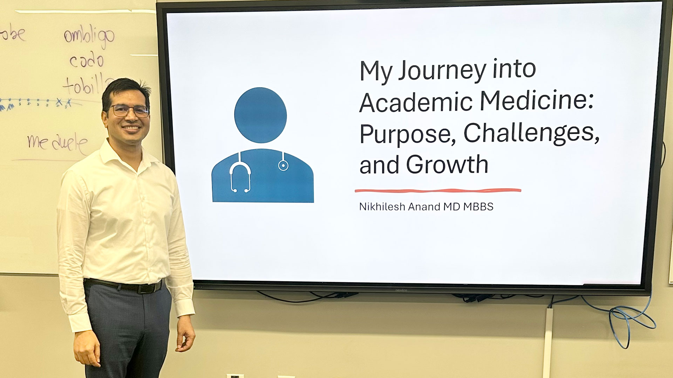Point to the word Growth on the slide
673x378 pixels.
point(447,164)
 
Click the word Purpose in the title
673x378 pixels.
point(407,134)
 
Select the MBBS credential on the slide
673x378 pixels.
point(478,207)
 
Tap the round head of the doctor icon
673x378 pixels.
point(260,115)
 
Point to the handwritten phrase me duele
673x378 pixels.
point(58,143)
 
